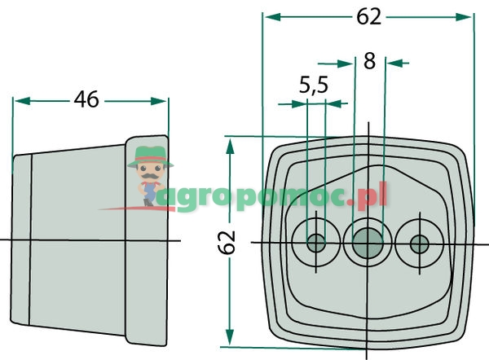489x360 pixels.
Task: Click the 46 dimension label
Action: (86, 99)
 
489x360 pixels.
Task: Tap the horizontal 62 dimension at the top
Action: (369, 16)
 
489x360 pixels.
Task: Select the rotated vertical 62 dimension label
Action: (227, 243)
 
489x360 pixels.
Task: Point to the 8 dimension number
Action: (369, 61)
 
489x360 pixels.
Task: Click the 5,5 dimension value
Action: (314, 85)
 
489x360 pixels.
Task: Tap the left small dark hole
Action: (316, 243)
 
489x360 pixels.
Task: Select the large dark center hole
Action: (368, 243)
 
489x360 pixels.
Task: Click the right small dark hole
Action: (420, 244)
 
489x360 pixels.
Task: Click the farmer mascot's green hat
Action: (150, 156)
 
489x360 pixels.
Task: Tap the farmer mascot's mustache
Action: (150, 176)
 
